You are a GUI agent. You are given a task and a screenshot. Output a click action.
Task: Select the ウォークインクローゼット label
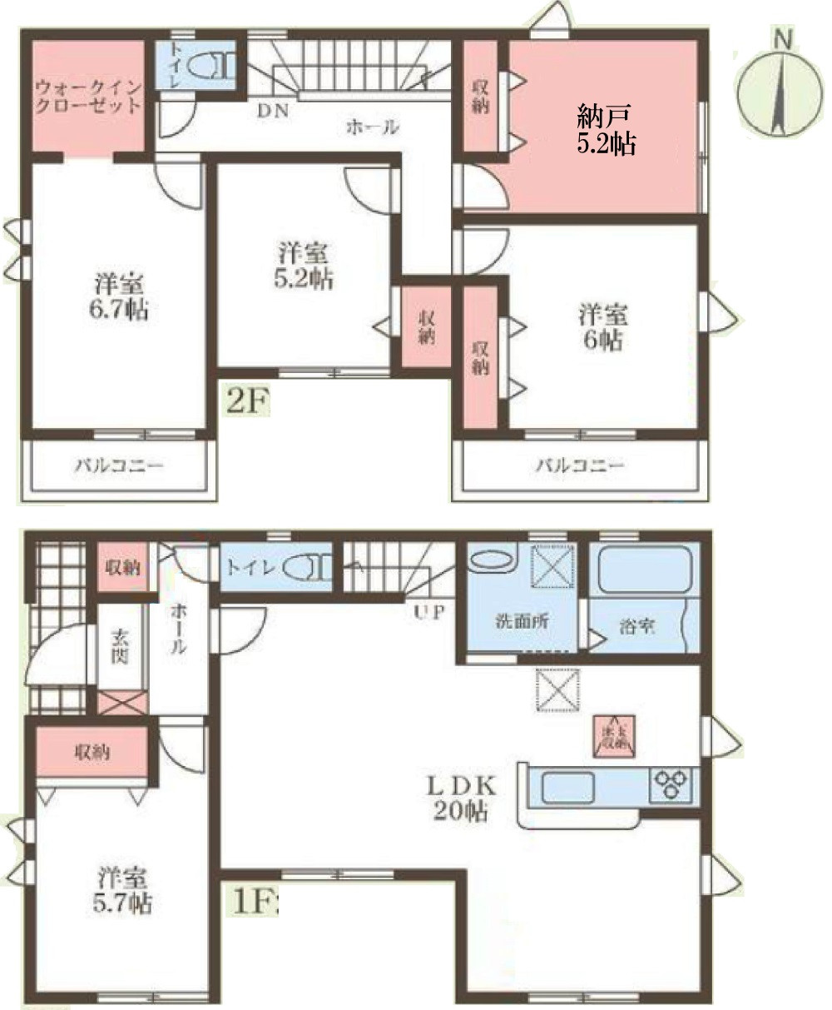(87, 97)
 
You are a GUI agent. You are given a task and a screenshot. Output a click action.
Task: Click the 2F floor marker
(246, 402)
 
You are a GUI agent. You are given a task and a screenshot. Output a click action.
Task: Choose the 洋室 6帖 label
(603, 328)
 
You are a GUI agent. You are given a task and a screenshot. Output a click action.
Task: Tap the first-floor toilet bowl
(307, 569)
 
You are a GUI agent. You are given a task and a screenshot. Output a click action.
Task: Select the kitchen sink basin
(567, 786)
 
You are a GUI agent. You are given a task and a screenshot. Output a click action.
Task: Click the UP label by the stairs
(430, 613)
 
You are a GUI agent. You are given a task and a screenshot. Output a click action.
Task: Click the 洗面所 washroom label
(520, 623)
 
